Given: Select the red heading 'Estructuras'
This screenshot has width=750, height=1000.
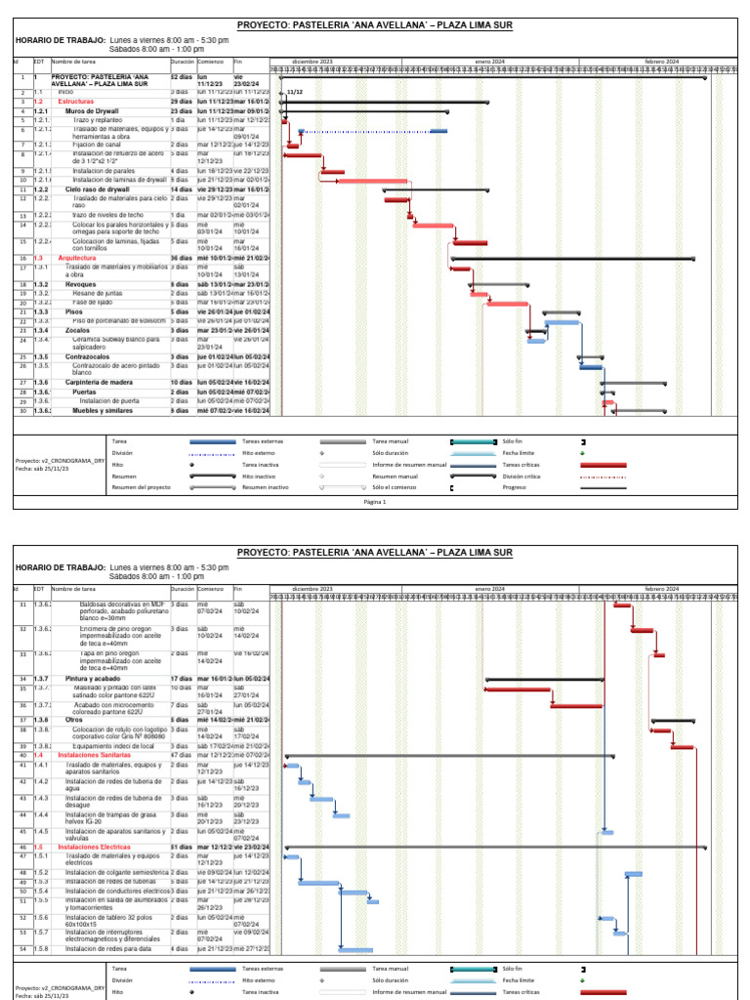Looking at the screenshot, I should [76, 102].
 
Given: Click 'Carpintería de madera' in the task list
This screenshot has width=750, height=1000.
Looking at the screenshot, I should [100, 382].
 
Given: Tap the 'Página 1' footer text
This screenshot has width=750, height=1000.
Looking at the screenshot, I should [375, 502].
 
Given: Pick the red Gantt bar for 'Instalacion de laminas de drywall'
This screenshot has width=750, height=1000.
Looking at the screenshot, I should [373, 181].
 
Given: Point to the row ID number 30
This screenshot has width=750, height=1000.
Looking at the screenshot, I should [21, 411].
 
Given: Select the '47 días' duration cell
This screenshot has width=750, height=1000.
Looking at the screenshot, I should [182, 756].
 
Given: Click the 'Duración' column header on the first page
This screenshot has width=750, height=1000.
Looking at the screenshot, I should [183, 61].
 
